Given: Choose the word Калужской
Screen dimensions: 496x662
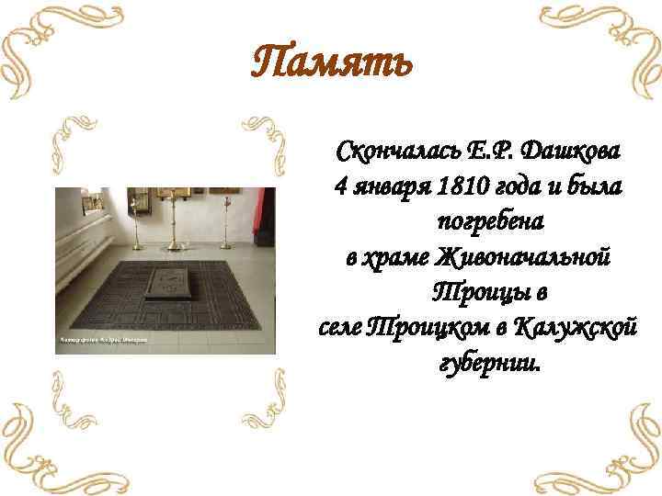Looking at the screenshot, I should coord(575,327).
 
